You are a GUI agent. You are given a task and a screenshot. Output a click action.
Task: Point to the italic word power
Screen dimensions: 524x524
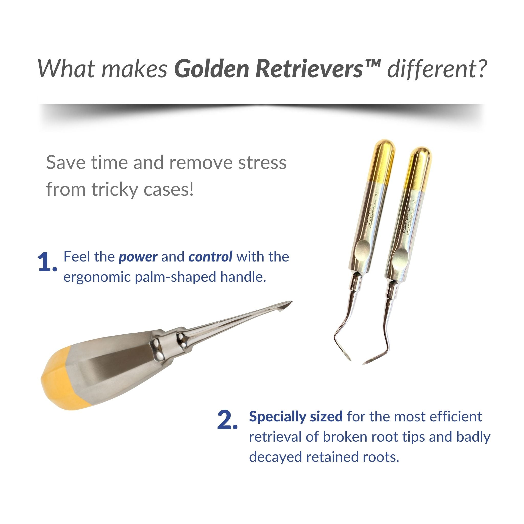[138, 257]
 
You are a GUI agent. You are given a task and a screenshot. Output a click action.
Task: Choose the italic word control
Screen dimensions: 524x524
[211, 256]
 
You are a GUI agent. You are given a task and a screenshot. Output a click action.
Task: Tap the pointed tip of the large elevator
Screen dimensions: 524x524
[292, 301]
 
